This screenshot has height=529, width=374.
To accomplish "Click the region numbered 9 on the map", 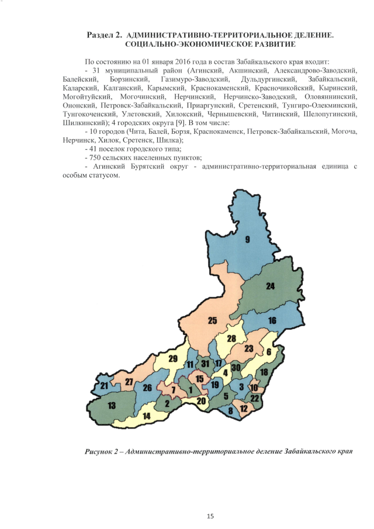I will (x=247, y=239).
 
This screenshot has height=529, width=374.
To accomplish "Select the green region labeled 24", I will (x=270, y=286).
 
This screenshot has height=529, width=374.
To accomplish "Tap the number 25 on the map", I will (x=213, y=320).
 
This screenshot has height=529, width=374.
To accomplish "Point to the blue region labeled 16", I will (x=272, y=321).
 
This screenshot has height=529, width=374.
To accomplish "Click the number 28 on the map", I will (x=231, y=338).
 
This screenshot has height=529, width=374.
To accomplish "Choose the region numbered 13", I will (x=112, y=405).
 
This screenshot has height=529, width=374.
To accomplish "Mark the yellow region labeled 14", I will (x=147, y=416).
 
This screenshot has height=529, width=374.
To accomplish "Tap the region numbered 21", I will (x=104, y=386).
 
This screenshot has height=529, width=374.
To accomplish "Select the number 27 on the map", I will (x=129, y=381).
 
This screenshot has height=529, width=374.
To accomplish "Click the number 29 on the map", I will (x=172, y=358).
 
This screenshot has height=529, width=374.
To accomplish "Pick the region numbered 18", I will (x=264, y=372).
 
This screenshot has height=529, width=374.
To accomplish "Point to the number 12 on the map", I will (x=243, y=407).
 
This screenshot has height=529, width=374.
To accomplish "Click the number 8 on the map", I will (x=230, y=411).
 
